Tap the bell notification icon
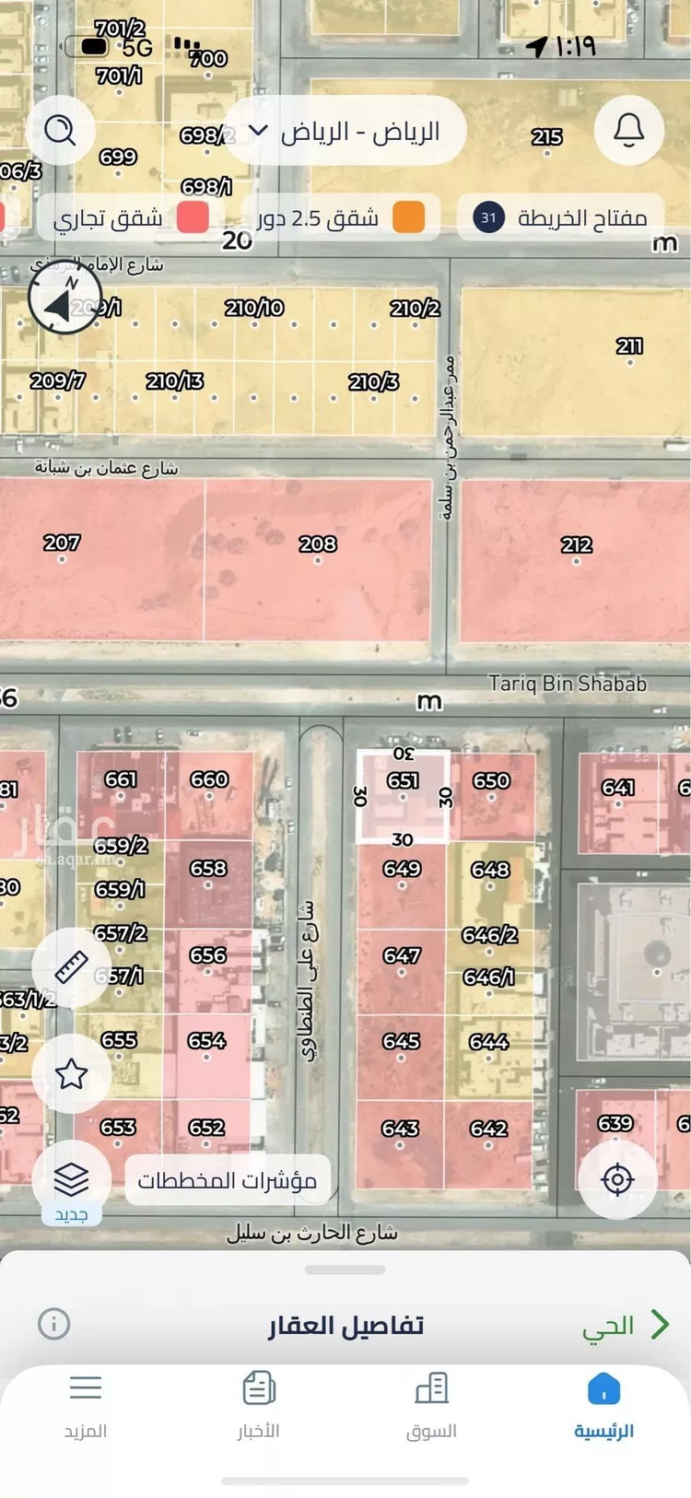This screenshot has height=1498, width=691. tap(629, 131)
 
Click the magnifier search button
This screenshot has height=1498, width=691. tap(61, 131)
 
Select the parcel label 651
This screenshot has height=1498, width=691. tap(403, 781)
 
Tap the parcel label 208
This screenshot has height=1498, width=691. tap(318, 544)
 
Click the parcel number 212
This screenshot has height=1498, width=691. tap(577, 545)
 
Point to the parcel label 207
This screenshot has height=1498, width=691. tap(62, 544)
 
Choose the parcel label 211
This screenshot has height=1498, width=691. tap(629, 346)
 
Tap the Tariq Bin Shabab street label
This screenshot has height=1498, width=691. tap(568, 684)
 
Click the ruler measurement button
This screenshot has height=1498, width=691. tap(71, 966)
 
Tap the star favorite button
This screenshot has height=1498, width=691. tap(71, 1073)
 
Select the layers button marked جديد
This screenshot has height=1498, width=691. tap(71, 1181)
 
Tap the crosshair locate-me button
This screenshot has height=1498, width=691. tap(617, 1180)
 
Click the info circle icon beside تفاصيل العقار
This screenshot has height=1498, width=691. tap(54, 1324)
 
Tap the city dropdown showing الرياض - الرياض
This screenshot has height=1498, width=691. tap(345, 132)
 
